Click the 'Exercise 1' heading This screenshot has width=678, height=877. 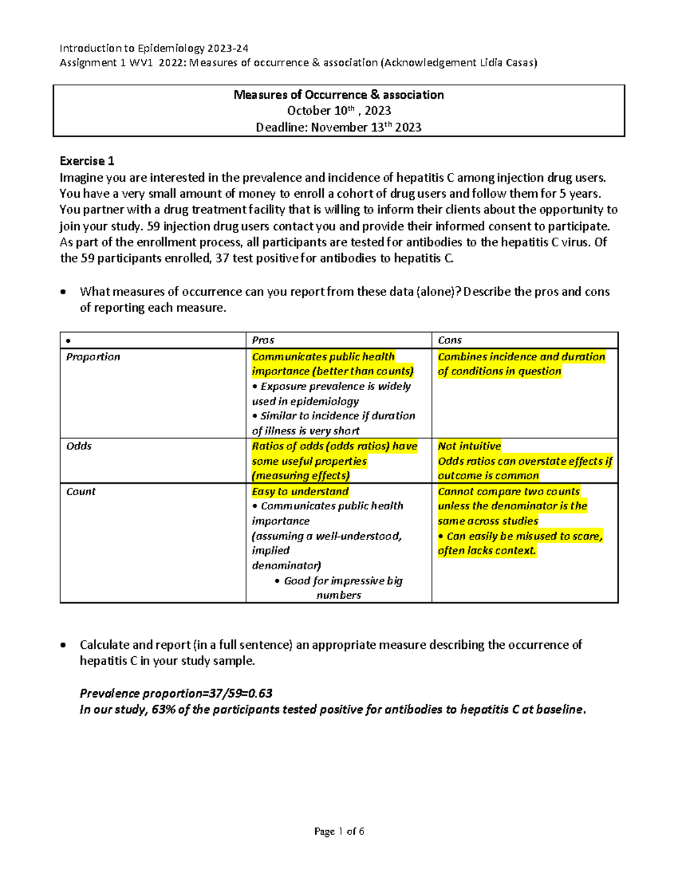(x=87, y=161)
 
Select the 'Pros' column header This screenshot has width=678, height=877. (x=263, y=340)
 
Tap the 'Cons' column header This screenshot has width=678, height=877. (x=450, y=340)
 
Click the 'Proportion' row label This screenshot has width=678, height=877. (x=93, y=357)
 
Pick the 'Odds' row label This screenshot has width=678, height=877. (x=79, y=446)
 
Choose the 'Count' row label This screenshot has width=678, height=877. (x=81, y=491)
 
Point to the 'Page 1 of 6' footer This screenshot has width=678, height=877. (x=339, y=831)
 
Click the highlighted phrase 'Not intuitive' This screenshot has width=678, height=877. (x=469, y=446)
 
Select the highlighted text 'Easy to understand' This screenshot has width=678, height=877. (x=300, y=491)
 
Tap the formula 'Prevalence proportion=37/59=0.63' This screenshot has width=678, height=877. (x=176, y=693)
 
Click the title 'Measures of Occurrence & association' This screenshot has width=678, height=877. (x=338, y=95)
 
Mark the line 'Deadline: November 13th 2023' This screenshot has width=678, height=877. (x=338, y=128)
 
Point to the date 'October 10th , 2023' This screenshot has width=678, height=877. (x=338, y=111)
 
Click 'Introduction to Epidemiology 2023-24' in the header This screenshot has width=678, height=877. (x=154, y=49)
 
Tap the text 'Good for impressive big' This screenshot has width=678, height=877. (x=343, y=581)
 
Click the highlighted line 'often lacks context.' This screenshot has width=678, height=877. (x=486, y=551)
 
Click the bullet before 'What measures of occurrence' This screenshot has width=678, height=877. (x=66, y=292)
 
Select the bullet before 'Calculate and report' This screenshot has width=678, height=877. (x=66, y=645)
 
